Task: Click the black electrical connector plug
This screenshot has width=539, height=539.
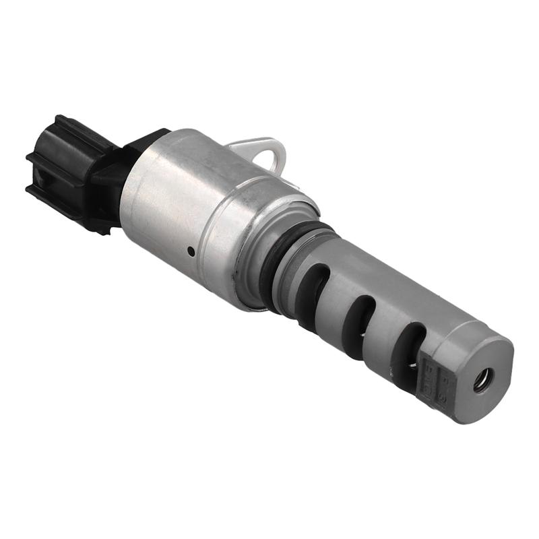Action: (64, 172)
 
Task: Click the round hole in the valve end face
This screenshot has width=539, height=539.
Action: (482, 381)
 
